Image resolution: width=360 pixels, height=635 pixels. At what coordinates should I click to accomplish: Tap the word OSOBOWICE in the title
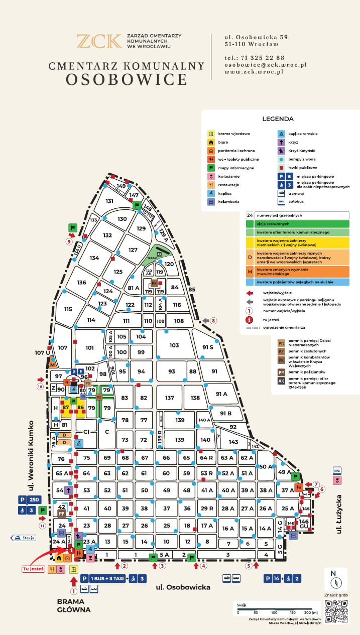pyautogui.click(x=127, y=79)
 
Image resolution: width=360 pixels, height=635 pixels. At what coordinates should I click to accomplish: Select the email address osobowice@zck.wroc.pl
pyautogui.click(x=265, y=65)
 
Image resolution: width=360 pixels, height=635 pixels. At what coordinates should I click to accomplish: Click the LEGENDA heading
pyautogui.click(x=278, y=119)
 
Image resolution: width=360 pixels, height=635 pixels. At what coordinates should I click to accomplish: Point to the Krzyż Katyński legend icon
pyautogui.click(x=282, y=151)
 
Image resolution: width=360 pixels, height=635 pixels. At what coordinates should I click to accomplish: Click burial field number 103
pyautogui.click(x=174, y=345)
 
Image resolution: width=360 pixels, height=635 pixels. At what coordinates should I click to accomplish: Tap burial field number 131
pyautogui.click(x=109, y=201)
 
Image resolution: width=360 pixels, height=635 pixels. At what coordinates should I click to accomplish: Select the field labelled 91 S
pyautogui.click(x=207, y=347)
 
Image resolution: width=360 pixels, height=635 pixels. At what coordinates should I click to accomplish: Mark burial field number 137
pyautogui.click(x=169, y=398)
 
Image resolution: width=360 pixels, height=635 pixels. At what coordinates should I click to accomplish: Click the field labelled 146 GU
pyautogui.click(x=304, y=524)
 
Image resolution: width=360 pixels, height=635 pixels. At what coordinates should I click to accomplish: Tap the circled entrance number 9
pyautogui.click(x=69, y=241)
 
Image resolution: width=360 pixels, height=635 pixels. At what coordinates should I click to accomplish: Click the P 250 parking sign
pyautogui.click(x=29, y=499)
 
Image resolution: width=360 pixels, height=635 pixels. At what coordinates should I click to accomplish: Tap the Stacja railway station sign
pyautogui.click(x=23, y=538)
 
